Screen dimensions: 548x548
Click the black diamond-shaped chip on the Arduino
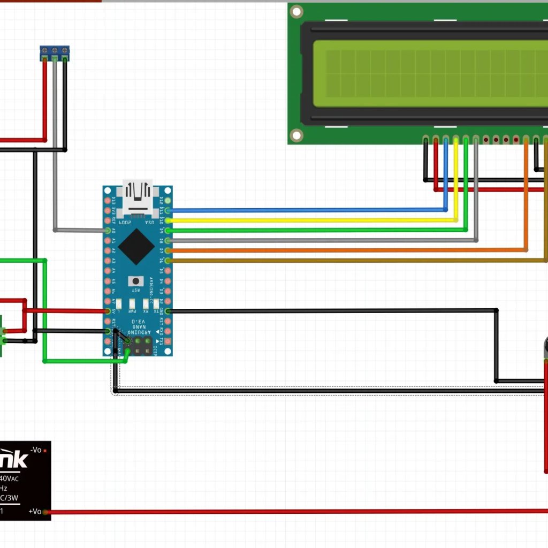pos(137,247)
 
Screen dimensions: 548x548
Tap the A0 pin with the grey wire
pos(108,230)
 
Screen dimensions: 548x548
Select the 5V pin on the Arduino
pos(108,311)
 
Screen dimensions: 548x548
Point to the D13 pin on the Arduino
pos(108,201)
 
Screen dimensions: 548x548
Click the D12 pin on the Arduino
pos(168,201)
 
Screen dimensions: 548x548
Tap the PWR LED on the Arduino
pos(132,303)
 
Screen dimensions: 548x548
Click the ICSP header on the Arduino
pos(142,346)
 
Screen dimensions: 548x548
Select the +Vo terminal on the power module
pos(45,512)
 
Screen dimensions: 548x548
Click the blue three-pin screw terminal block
pos(55,52)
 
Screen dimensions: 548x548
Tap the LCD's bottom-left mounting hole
pos(296,134)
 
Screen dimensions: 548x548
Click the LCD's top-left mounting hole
pos(296,11)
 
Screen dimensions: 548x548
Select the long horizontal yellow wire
pos(310,220)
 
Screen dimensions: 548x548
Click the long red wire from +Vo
pos(294,512)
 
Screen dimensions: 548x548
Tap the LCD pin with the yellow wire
pos(456,140)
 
